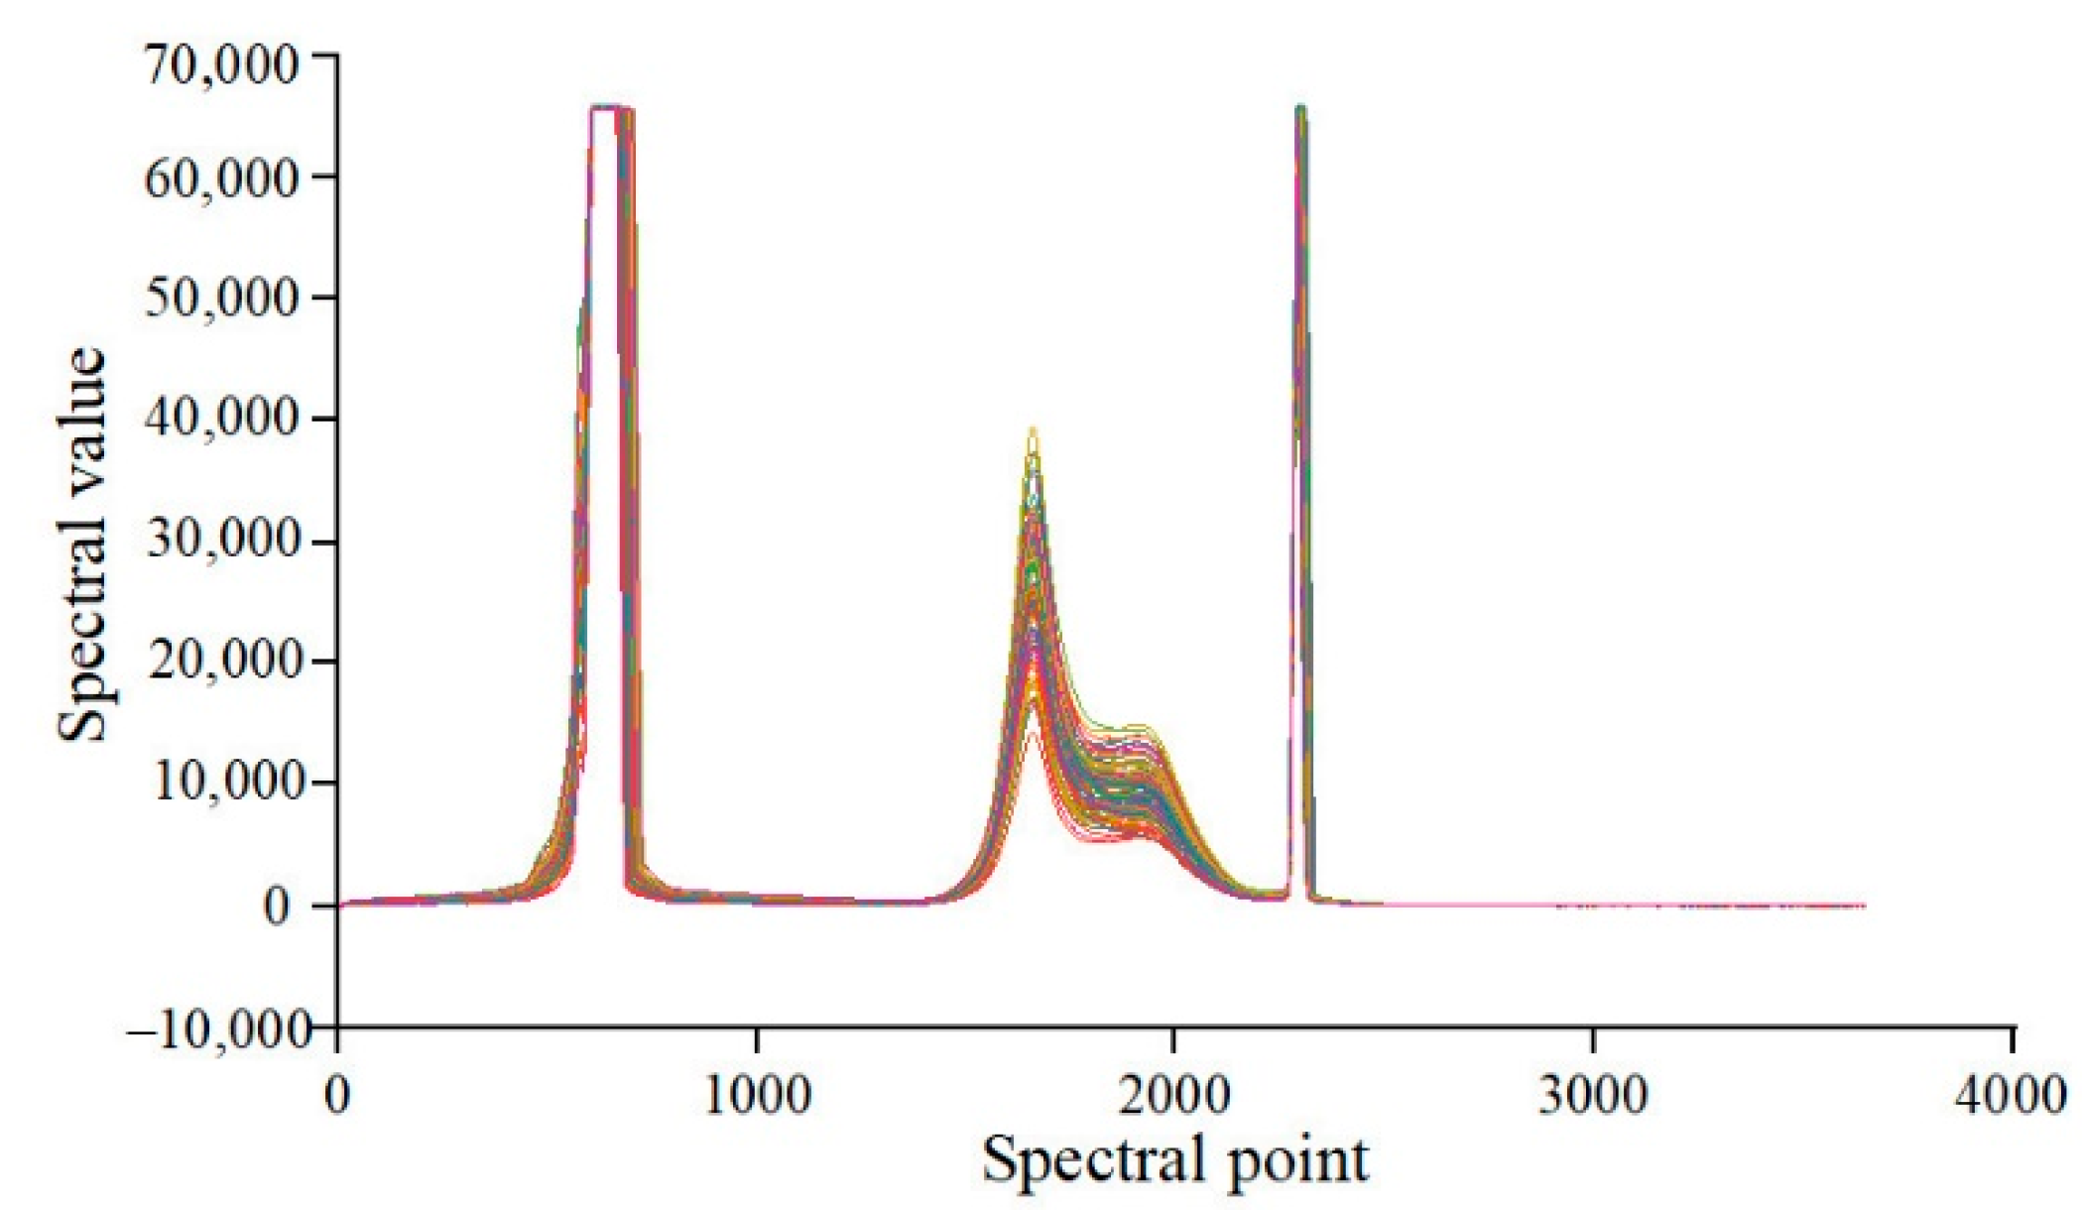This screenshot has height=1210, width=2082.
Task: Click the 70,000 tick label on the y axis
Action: [x=220, y=66]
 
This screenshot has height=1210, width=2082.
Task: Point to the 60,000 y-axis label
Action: [x=220, y=180]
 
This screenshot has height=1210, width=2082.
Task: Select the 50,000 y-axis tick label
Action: [x=220, y=299]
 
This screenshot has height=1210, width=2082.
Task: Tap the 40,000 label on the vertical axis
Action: [x=220, y=420]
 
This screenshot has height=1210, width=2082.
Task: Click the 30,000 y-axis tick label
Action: [x=220, y=542]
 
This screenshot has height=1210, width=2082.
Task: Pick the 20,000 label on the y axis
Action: [x=220, y=662]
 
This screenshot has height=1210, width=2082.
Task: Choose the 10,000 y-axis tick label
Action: [x=220, y=784]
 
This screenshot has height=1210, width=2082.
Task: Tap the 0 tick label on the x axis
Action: [x=338, y=1095]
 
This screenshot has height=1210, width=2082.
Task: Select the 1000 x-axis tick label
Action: [x=757, y=1095]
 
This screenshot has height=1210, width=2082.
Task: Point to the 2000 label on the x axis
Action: [x=1175, y=1095]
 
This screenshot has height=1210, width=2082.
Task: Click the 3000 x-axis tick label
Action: [x=1593, y=1095]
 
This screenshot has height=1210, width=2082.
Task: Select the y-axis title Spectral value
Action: [x=83, y=545]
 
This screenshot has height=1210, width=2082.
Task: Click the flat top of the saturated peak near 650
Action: [x=607, y=107]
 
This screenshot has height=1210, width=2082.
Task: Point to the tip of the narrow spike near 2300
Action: [x=1300, y=106]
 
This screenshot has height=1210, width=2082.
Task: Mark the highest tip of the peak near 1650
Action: [x=1033, y=429]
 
